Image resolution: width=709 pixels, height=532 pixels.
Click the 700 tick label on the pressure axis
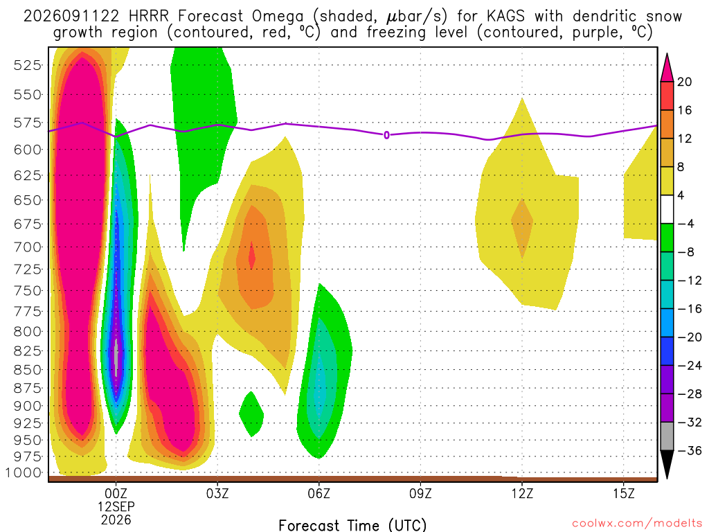point(28,247)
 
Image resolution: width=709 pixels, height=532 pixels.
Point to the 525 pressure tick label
point(28,65)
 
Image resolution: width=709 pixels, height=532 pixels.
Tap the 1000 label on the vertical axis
point(23,472)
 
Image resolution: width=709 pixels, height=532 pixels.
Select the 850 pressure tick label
point(28,370)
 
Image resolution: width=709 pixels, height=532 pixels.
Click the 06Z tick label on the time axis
point(318,493)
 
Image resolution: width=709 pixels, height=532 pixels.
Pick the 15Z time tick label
point(624,493)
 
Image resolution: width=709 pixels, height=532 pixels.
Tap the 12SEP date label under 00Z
point(116,506)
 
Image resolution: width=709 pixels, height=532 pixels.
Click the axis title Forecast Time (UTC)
point(352,525)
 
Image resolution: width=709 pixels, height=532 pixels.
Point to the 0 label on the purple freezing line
point(386,135)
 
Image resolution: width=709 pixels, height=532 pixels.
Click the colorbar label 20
point(685,82)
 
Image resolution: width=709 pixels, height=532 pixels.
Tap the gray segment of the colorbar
point(667,436)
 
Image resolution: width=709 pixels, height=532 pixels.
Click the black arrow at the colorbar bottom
point(667,463)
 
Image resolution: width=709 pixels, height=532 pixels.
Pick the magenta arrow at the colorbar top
point(667,69)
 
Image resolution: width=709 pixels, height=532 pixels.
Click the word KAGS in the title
point(505,17)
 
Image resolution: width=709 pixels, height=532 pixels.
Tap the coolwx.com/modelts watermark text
point(637,524)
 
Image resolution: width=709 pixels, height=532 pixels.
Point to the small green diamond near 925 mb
point(251,414)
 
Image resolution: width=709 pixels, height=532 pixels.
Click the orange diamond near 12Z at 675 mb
point(522,229)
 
